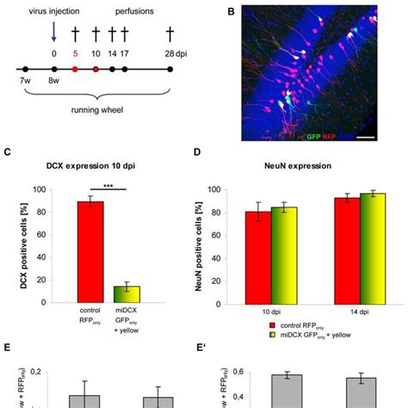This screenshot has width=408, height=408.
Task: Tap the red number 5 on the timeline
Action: click(75, 53)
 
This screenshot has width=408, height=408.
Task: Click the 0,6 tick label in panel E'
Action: click(243, 372)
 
